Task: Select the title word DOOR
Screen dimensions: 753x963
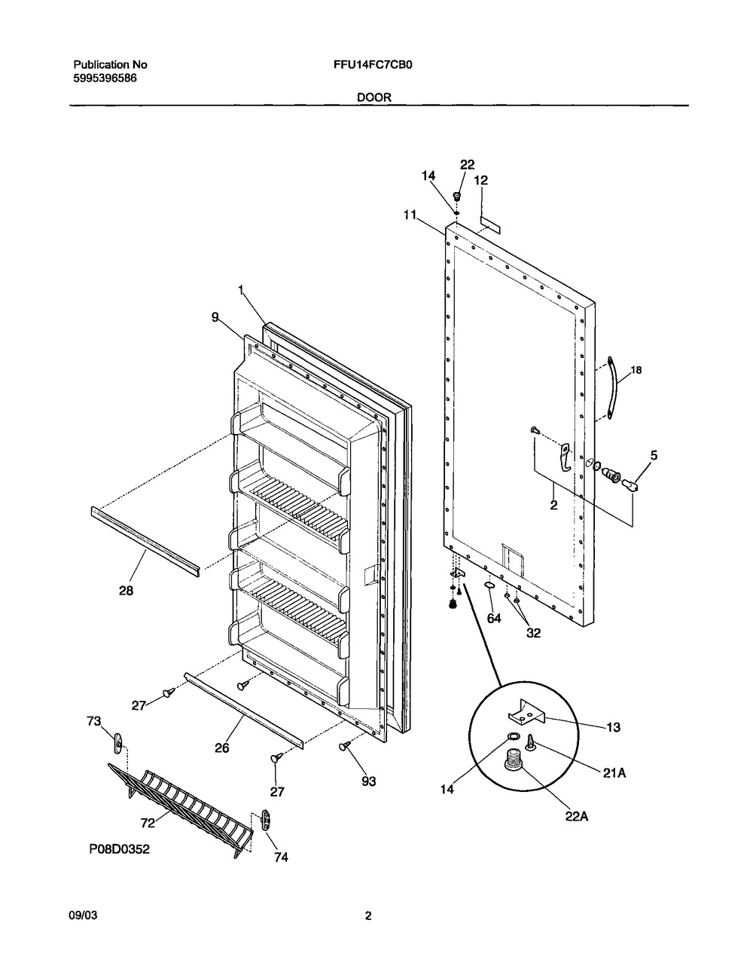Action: tap(374, 97)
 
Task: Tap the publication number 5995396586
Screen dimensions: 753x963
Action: tap(105, 78)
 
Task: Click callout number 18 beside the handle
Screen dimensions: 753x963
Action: tap(636, 370)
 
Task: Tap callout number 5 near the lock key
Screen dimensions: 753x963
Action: tap(654, 455)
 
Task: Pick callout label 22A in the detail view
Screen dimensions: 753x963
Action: tap(576, 817)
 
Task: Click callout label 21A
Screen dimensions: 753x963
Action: tap(614, 773)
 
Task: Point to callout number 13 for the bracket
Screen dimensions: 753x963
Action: tap(614, 727)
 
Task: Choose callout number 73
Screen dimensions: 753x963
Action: tap(93, 721)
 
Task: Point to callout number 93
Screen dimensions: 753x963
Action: tap(369, 781)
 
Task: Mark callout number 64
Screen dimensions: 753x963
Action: tap(494, 618)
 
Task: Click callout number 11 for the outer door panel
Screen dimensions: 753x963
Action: tap(410, 215)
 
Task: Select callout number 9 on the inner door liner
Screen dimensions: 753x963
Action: tap(215, 317)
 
